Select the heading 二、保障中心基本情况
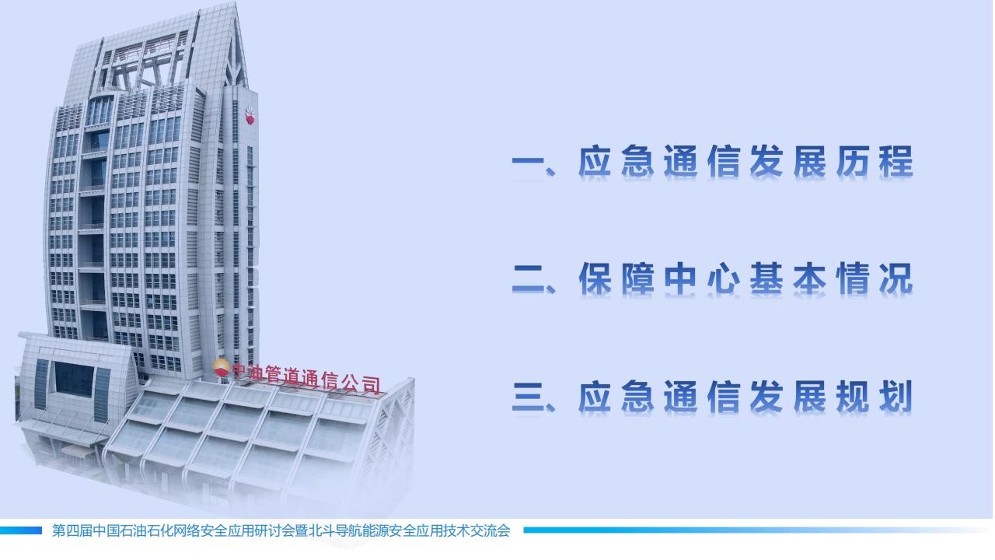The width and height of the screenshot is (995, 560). (713, 278)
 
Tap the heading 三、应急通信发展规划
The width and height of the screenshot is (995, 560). (713, 396)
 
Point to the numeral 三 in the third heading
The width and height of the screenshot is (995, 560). (528, 397)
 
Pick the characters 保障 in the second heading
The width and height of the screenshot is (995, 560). (616, 278)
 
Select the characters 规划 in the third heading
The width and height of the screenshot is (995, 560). (875, 396)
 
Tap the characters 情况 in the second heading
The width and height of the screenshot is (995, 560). (875, 278)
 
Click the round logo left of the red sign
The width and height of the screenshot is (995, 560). (221, 369)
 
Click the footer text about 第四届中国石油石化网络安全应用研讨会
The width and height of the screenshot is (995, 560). (281, 530)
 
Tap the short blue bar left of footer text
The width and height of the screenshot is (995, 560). (21, 530)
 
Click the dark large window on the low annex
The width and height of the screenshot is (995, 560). (74, 379)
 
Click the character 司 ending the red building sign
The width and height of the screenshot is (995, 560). (371, 385)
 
